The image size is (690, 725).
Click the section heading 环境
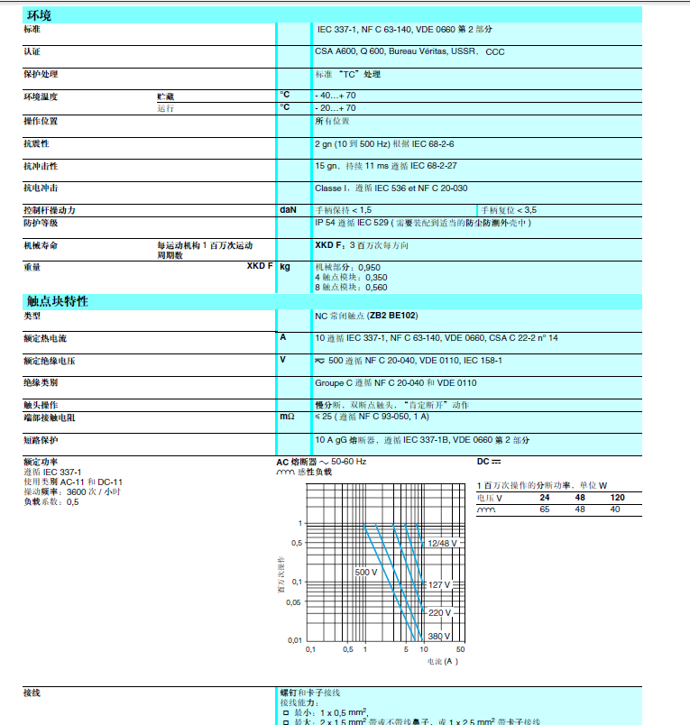(39, 15)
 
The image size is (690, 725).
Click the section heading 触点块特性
(58, 302)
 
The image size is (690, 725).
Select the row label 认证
(32, 51)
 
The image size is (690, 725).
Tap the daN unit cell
(288, 209)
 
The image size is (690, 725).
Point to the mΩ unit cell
(288, 418)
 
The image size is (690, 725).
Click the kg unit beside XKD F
(285, 267)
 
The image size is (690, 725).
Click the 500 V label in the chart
(365, 573)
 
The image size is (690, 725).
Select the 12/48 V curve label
(443, 544)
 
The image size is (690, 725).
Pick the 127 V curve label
(439, 585)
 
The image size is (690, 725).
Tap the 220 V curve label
(439, 613)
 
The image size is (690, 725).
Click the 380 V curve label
(439, 636)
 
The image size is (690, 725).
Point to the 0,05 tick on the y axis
(295, 601)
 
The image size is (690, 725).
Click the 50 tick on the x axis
(460, 649)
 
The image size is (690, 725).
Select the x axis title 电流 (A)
(442, 662)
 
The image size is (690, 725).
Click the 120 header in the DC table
(618, 498)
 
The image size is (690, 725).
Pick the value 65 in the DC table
(544, 509)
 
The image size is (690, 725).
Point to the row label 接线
(32, 693)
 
